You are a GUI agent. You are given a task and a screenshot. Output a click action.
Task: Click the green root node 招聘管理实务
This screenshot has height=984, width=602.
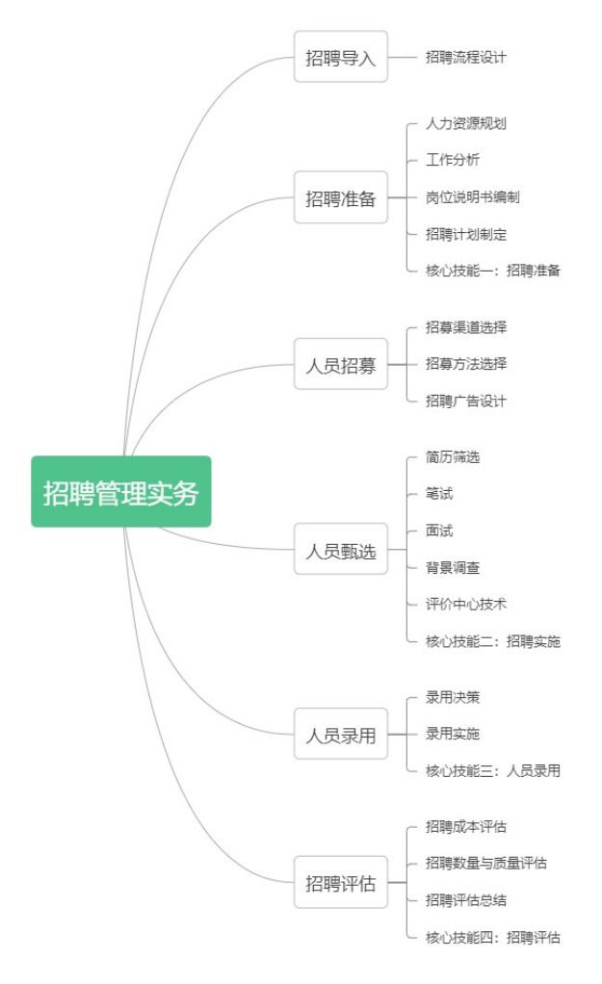[x=121, y=492]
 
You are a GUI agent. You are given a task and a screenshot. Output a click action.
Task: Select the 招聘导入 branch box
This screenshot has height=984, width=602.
[x=341, y=57]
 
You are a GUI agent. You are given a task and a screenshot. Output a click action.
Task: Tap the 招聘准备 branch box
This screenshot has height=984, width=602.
[x=341, y=198]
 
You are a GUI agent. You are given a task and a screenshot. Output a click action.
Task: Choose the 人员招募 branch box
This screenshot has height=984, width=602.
[x=341, y=365]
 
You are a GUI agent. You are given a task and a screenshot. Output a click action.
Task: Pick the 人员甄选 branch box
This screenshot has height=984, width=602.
[x=341, y=551]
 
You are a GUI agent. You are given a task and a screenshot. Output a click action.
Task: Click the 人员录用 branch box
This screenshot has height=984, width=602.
[x=341, y=736]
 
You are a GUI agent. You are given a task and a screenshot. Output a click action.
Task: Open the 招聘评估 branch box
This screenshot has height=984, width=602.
[x=341, y=883]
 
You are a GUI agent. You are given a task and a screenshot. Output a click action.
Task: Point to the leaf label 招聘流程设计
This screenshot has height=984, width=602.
[x=466, y=57]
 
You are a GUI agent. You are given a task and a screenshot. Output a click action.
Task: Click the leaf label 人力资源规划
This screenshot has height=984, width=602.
[x=466, y=123]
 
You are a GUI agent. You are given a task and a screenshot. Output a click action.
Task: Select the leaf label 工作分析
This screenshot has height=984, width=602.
[x=453, y=160]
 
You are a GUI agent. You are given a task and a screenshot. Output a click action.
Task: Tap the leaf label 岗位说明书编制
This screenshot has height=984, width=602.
[x=473, y=197]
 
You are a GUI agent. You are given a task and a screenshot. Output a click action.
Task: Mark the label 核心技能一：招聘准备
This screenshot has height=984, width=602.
[x=493, y=271]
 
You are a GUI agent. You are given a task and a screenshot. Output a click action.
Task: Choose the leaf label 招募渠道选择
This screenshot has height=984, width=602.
[x=466, y=327]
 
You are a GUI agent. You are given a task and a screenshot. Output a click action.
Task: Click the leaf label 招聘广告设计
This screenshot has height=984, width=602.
[x=466, y=401]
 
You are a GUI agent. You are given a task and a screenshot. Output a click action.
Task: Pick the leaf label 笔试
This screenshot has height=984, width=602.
[x=439, y=494]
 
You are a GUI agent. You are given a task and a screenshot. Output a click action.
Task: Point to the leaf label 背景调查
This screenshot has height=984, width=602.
[x=453, y=568]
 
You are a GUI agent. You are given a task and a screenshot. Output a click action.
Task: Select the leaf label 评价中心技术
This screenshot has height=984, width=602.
[x=466, y=605]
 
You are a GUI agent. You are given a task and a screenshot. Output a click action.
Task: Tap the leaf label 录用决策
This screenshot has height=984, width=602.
[x=453, y=697]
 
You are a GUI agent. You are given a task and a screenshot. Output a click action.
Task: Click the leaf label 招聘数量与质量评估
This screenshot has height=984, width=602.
[x=486, y=864]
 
